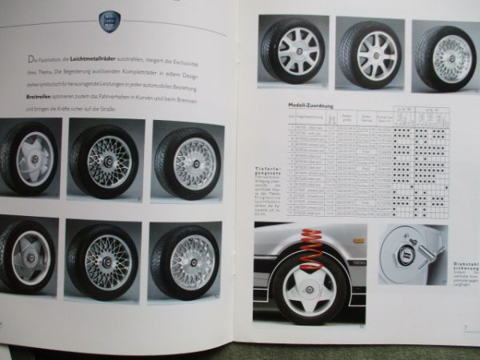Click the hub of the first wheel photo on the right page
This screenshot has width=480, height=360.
[x=295, y=54]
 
